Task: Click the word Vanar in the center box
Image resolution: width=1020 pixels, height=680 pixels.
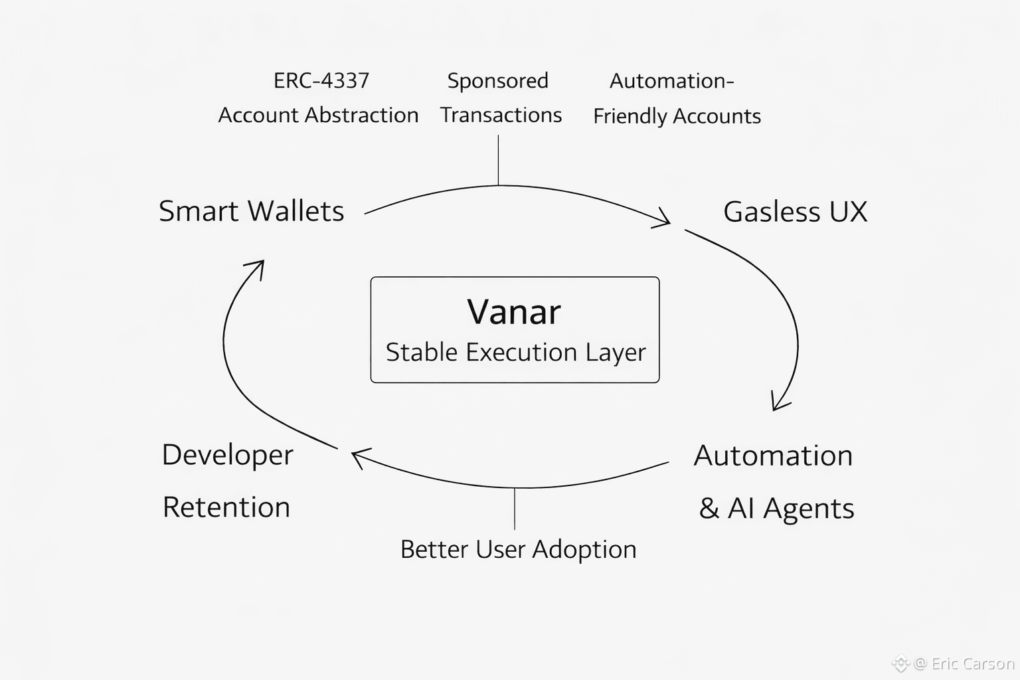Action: click(x=514, y=311)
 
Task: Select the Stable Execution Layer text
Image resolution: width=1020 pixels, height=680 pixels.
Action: click(x=515, y=352)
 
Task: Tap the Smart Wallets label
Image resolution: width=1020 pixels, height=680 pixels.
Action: click(x=251, y=211)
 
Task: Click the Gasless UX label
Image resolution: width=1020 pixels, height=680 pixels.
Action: click(x=795, y=212)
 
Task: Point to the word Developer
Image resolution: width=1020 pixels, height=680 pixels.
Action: click(x=227, y=455)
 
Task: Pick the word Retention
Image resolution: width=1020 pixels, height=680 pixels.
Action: click(x=226, y=507)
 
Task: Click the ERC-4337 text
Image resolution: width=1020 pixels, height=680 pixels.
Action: click(x=321, y=80)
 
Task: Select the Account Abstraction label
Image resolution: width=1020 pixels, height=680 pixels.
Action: click(x=318, y=115)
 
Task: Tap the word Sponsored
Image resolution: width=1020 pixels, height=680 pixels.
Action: click(x=497, y=80)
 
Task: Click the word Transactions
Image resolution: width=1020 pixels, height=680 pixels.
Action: click(x=501, y=115)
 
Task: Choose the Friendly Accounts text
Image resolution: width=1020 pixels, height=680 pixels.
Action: click(x=677, y=116)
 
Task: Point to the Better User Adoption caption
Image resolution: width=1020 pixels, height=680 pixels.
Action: click(x=518, y=549)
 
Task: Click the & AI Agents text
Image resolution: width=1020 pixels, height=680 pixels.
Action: click(x=776, y=509)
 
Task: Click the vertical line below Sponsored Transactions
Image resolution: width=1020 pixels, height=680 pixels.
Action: click(x=498, y=160)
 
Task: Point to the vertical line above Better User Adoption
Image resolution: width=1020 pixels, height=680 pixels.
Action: click(x=515, y=509)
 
